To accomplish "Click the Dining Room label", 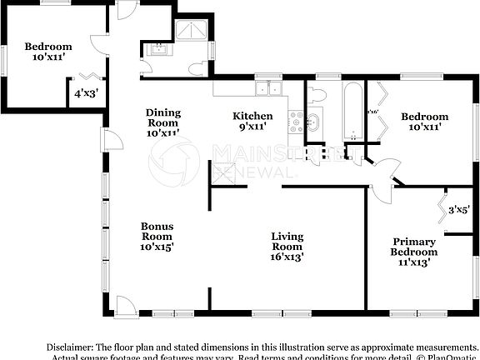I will coord(162,122).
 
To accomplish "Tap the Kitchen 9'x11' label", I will coord(252,122).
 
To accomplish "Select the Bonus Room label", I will coord(157,236).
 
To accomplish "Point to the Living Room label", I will coord(287,247).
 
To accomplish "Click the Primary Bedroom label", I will coord(414,252).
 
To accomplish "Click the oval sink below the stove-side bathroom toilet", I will coord(315,124).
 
